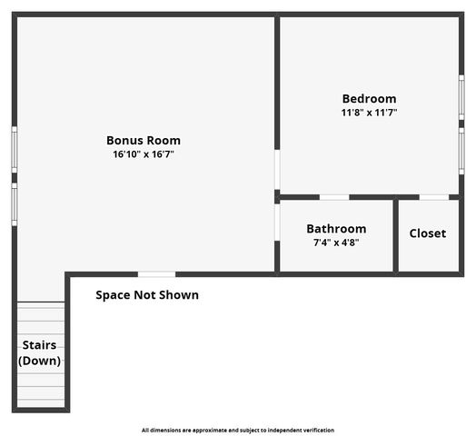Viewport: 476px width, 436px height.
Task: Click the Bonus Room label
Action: tap(144, 140)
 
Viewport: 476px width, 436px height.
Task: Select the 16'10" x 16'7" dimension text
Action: tap(144, 155)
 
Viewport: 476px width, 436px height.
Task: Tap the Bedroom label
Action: tap(369, 98)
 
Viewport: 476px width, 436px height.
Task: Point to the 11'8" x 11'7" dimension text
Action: tap(369, 113)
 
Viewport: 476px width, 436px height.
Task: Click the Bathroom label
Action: tap(336, 229)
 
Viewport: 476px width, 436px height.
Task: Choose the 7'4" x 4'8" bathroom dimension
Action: tap(336, 243)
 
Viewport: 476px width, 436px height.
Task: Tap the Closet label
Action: tap(427, 233)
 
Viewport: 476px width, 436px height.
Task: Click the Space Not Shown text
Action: tap(147, 295)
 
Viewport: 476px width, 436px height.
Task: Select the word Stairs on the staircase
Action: tap(40, 345)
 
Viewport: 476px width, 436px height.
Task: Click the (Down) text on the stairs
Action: tap(40, 361)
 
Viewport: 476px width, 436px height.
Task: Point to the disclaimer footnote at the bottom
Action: tap(238, 430)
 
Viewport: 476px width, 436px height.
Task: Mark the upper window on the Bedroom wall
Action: tap(461, 95)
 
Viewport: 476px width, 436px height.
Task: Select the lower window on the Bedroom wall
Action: tap(461, 151)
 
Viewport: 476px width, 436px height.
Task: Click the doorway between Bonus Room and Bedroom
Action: tap(277, 170)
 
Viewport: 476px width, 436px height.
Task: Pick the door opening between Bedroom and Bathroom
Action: tap(334, 197)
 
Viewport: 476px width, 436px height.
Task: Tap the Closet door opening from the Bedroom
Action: tap(433, 197)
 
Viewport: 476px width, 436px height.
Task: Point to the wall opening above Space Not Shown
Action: tap(156, 273)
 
